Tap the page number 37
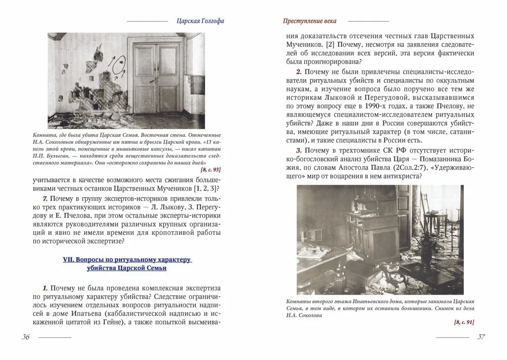[481, 337]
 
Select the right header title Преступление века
[309, 21]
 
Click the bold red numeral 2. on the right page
[299, 70]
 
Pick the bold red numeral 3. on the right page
[299, 151]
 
